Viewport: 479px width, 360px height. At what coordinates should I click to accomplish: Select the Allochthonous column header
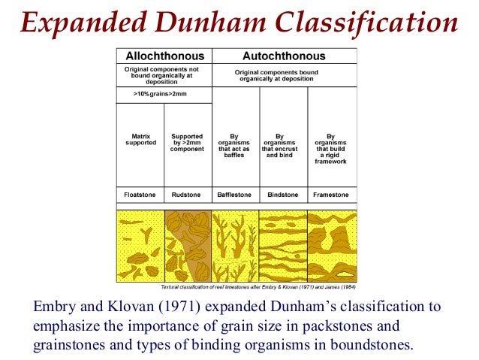click(x=163, y=56)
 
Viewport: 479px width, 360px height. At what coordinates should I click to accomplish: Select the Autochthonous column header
click(x=284, y=56)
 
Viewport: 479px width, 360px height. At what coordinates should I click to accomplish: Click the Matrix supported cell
click(x=139, y=140)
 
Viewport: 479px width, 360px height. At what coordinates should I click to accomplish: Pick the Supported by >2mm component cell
click(x=188, y=143)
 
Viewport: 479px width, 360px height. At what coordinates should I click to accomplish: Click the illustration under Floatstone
click(x=140, y=245)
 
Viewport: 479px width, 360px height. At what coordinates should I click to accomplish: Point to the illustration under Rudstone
click(x=188, y=245)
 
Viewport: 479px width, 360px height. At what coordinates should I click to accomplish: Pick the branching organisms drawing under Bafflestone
click(x=235, y=245)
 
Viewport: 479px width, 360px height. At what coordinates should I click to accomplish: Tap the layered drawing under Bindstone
click(x=283, y=245)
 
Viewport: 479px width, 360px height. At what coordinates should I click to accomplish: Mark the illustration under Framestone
click(x=331, y=245)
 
